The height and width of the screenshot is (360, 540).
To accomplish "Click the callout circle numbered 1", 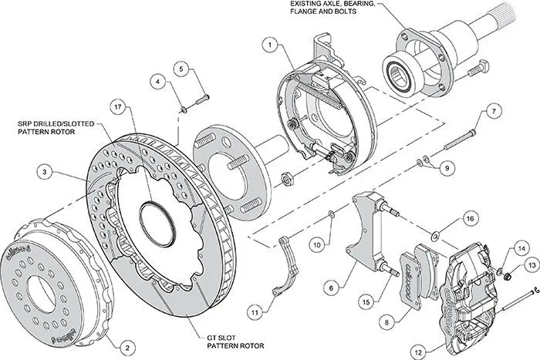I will click(x=271, y=45).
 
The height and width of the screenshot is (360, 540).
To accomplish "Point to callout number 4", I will click(x=157, y=80).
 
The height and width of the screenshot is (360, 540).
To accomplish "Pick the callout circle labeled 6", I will click(x=331, y=288).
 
